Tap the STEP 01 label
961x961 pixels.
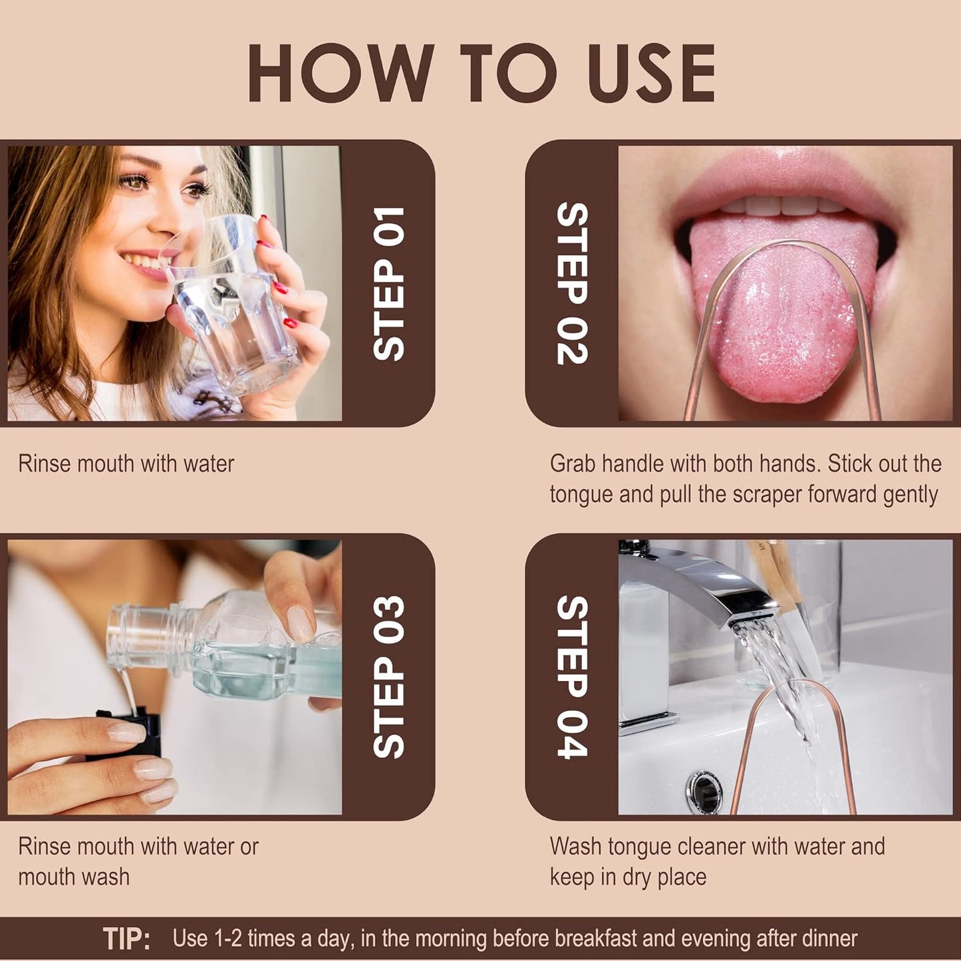click(389, 284)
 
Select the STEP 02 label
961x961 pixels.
click(572, 284)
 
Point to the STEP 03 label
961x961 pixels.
click(389, 677)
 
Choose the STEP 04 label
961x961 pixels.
click(572, 677)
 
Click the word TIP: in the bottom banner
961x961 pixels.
click(126, 939)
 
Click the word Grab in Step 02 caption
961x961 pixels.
click(573, 464)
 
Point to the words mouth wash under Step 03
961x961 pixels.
click(74, 877)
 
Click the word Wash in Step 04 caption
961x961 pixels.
click(576, 847)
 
